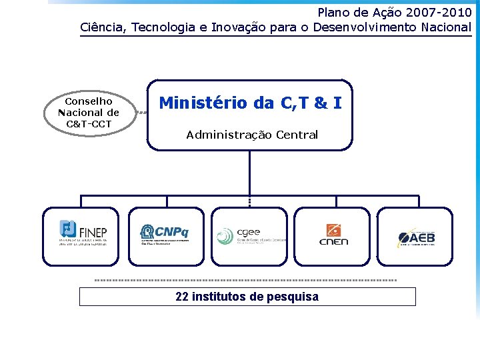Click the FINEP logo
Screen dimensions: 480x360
tap(83, 233)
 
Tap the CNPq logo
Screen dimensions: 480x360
tap(165, 233)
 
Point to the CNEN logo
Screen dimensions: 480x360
tap(333, 234)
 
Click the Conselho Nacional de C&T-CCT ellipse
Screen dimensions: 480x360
tap(89, 112)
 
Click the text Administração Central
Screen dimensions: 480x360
tap(252, 135)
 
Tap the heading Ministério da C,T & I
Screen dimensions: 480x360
tap(251, 103)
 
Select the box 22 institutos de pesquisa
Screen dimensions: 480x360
tap(247, 297)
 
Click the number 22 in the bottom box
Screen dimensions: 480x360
tap(182, 297)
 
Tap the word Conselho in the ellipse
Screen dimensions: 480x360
tap(89, 101)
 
